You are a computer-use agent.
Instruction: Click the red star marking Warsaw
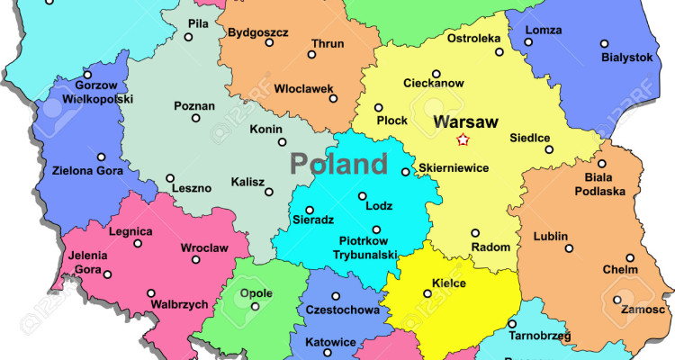click(x=463, y=139)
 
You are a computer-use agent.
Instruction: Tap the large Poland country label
click(x=338, y=164)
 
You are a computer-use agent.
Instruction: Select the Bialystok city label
click(x=626, y=57)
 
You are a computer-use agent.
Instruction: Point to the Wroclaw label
click(x=203, y=247)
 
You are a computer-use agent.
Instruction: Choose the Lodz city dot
click(x=363, y=196)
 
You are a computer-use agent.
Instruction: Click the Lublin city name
click(x=551, y=237)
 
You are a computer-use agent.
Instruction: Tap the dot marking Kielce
click(x=427, y=292)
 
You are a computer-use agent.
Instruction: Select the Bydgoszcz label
click(x=258, y=32)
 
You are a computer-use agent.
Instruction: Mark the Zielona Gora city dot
click(x=112, y=155)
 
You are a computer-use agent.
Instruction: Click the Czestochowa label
click(x=342, y=310)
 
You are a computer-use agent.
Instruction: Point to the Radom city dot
click(x=475, y=231)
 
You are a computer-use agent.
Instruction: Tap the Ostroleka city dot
click(x=499, y=52)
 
